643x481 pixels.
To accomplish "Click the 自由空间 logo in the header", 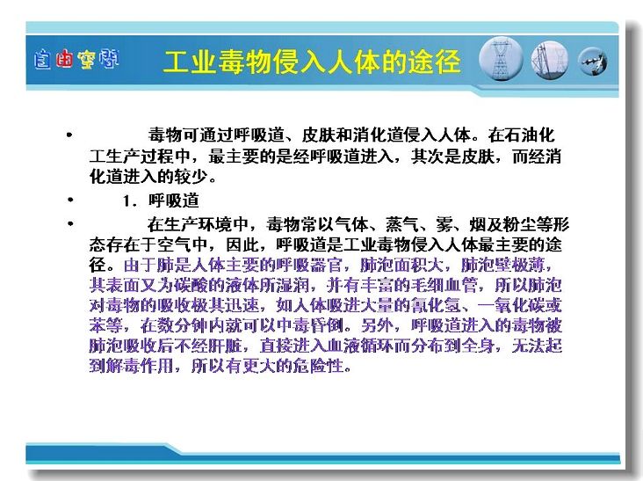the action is pos(76,60).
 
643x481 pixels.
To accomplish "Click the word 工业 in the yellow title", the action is pos(190,62).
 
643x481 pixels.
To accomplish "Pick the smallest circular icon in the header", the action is pos(593,62).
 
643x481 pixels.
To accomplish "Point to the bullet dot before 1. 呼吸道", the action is pos(70,200).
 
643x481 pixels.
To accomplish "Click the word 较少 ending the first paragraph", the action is pos(191,177).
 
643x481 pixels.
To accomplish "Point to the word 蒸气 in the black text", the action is pos(402,224).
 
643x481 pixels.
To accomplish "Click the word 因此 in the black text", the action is pos(243,245).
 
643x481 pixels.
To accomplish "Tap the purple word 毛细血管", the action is pos(444,285).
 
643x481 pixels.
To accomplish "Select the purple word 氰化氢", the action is pos(436,306).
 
